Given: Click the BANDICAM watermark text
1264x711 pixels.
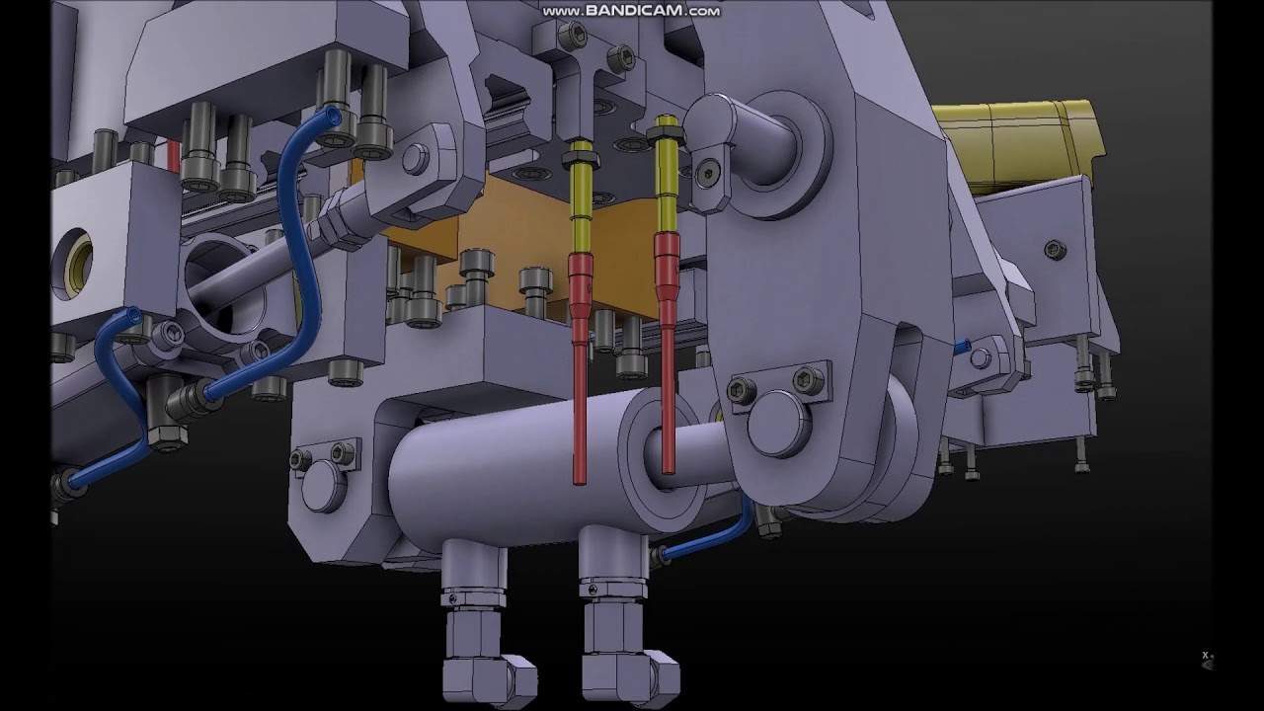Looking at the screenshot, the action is click(631, 11).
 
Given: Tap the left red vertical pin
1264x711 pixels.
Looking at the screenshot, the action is click(580, 366).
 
